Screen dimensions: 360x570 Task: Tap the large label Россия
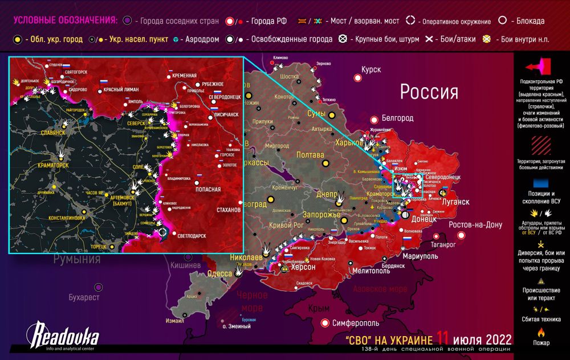[x=429, y=92]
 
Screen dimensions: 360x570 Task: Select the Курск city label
[x=370, y=69]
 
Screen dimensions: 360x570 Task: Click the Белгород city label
[x=397, y=118]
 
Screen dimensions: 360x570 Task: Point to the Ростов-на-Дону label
[x=475, y=224]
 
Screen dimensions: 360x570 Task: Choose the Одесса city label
[x=219, y=273]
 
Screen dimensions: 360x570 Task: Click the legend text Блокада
[x=529, y=21]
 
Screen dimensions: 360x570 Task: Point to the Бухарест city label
[x=84, y=297]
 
